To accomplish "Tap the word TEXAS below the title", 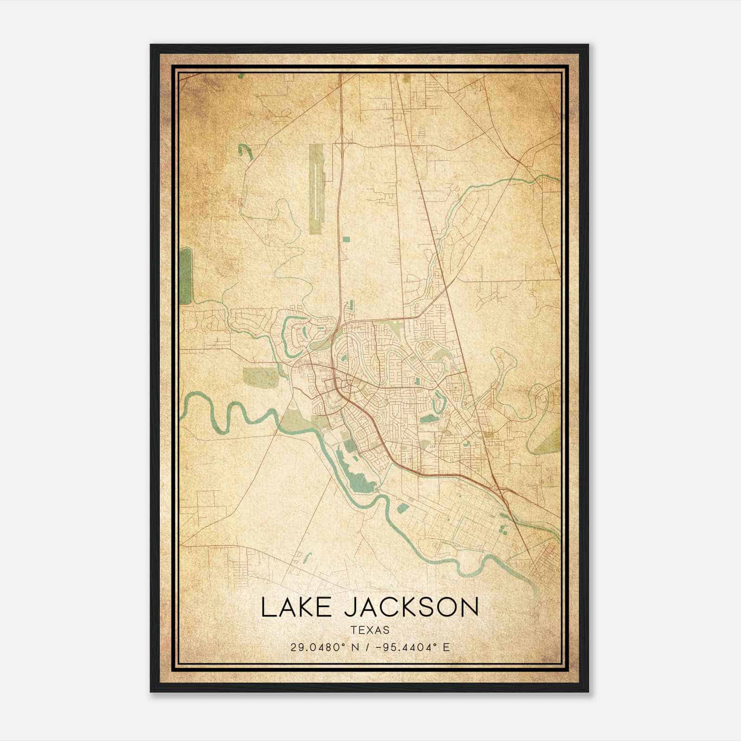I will click(x=370, y=630).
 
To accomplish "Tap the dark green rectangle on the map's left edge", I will click(x=185, y=276).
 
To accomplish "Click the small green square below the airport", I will click(x=346, y=239).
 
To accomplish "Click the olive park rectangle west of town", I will click(x=261, y=377).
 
